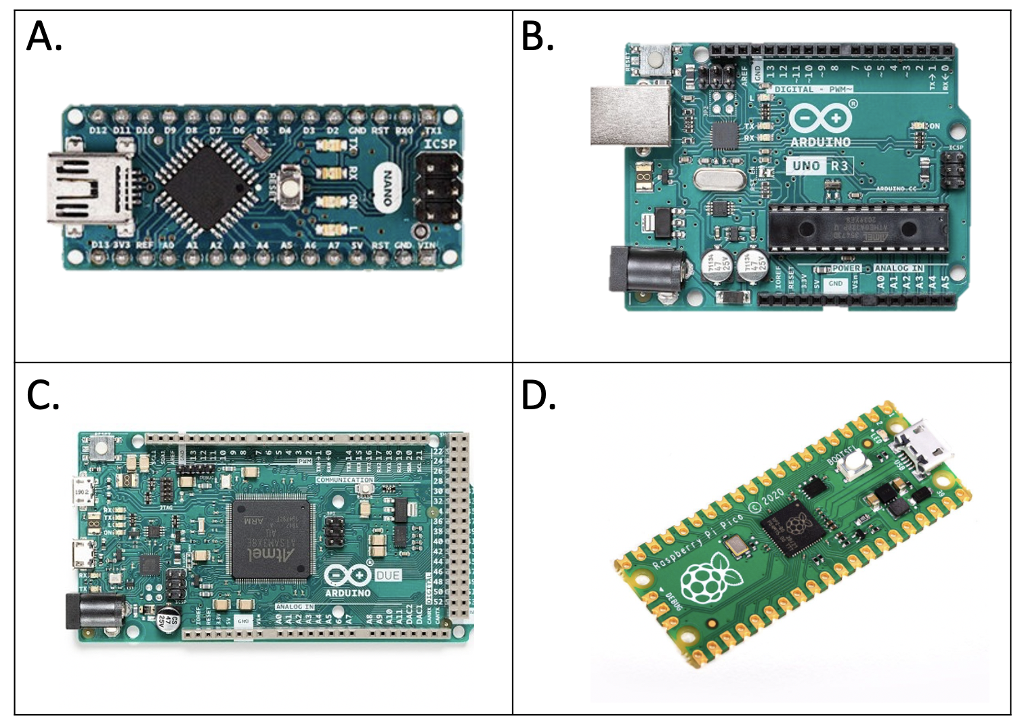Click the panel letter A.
point(43,37)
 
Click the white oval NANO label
point(388,188)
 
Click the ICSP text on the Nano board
point(440,144)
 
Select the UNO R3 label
point(819,166)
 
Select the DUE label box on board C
point(387,575)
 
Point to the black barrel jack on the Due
point(93,611)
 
